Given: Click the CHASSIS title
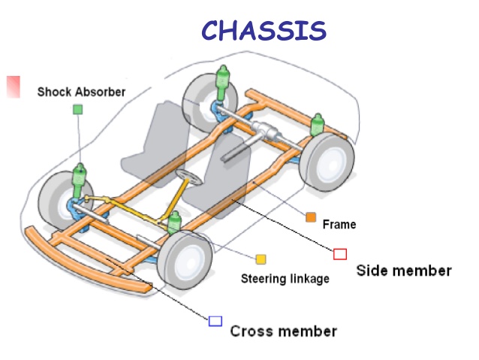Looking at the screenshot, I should (264, 30).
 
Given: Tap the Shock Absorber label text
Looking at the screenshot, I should (81, 92).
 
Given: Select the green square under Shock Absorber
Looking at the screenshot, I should (77, 109).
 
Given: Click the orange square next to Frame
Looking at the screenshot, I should (311, 218).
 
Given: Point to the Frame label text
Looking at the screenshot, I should (339, 224).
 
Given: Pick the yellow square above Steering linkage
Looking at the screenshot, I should (261, 259).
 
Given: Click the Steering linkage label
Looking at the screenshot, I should (285, 279).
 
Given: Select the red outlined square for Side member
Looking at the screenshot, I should (340, 254).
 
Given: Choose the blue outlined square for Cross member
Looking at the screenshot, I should (215, 321).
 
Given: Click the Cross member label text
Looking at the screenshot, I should (283, 331).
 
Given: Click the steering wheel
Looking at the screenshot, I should (188, 179).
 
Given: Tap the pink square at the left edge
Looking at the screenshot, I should (13, 86).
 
